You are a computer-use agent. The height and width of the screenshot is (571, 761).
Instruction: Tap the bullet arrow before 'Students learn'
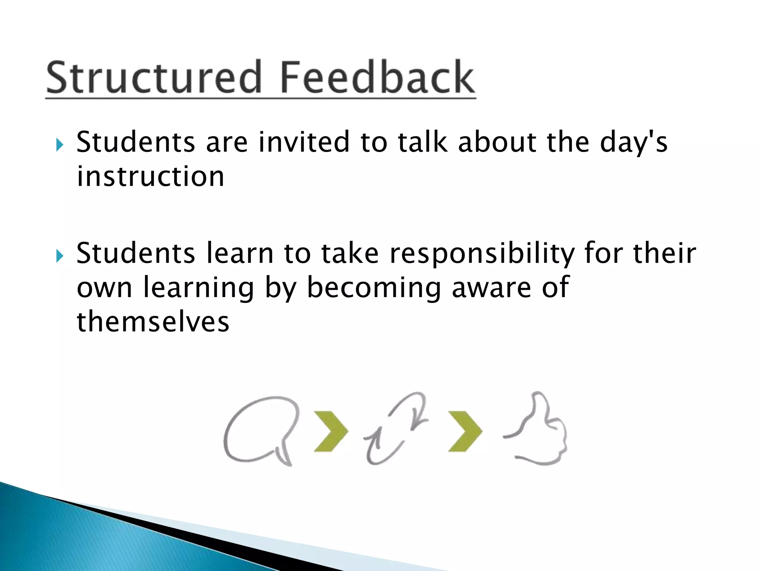pyautogui.click(x=60, y=256)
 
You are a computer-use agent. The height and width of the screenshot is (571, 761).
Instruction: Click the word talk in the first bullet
pyautogui.click(x=422, y=142)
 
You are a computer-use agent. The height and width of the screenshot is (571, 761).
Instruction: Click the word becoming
pyautogui.click(x=373, y=288)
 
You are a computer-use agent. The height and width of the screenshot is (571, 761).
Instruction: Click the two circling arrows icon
pyautogui.click(x=396, y=429)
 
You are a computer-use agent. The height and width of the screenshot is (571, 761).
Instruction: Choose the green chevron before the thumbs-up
pyautogui.click(x=464, y=431)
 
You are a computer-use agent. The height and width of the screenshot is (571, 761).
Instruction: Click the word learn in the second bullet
pyautogui.click(x=240, y=254)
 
